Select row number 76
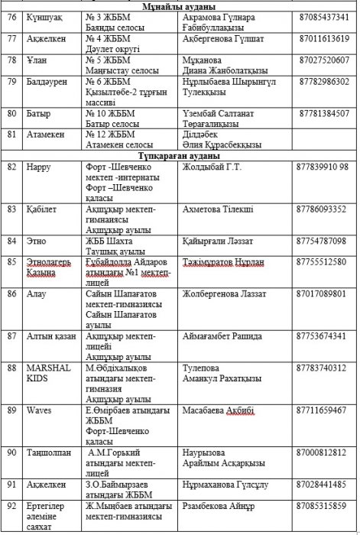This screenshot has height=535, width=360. coord(11,17)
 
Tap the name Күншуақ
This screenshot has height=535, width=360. coord(42,17)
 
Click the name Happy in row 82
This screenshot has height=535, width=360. coord(38,166)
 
